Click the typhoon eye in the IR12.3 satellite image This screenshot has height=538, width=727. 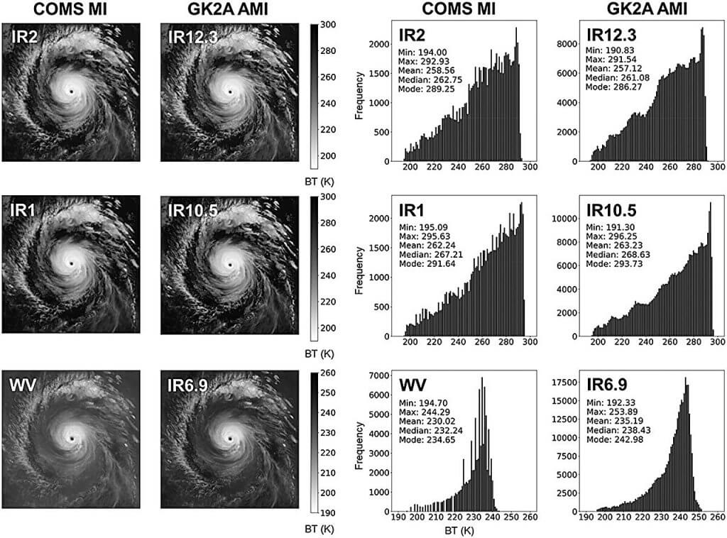coord(229,92)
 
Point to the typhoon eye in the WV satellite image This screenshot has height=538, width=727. coord(71,439)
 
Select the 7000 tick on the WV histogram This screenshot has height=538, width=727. coord(376,375)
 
